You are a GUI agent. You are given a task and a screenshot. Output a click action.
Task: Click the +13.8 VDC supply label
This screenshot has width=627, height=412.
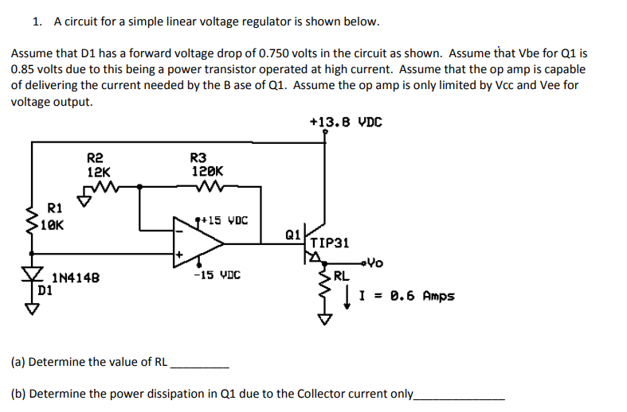point(345,122)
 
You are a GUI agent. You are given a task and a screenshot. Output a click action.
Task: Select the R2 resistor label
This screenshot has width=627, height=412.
point(95,158)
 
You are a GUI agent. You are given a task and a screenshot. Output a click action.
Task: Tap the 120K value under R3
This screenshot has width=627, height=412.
point(207,171)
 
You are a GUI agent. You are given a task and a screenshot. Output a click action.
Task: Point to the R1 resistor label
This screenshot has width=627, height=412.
point(55,208)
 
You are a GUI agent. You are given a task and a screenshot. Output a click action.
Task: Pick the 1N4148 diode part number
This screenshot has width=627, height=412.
point(76,278)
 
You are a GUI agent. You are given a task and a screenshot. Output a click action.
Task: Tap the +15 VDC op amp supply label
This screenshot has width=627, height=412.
point(224,220)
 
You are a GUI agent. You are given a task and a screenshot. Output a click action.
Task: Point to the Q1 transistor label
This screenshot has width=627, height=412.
point(292,234)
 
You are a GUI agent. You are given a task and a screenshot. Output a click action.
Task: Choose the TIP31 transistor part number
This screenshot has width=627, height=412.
point(330,242)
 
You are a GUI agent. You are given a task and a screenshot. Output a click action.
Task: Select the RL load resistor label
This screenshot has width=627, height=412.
point(340,277)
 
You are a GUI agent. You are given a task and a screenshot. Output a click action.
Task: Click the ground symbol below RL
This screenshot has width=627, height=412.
point(324,319)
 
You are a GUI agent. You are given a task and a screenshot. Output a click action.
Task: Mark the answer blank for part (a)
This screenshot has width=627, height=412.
point(200,364)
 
